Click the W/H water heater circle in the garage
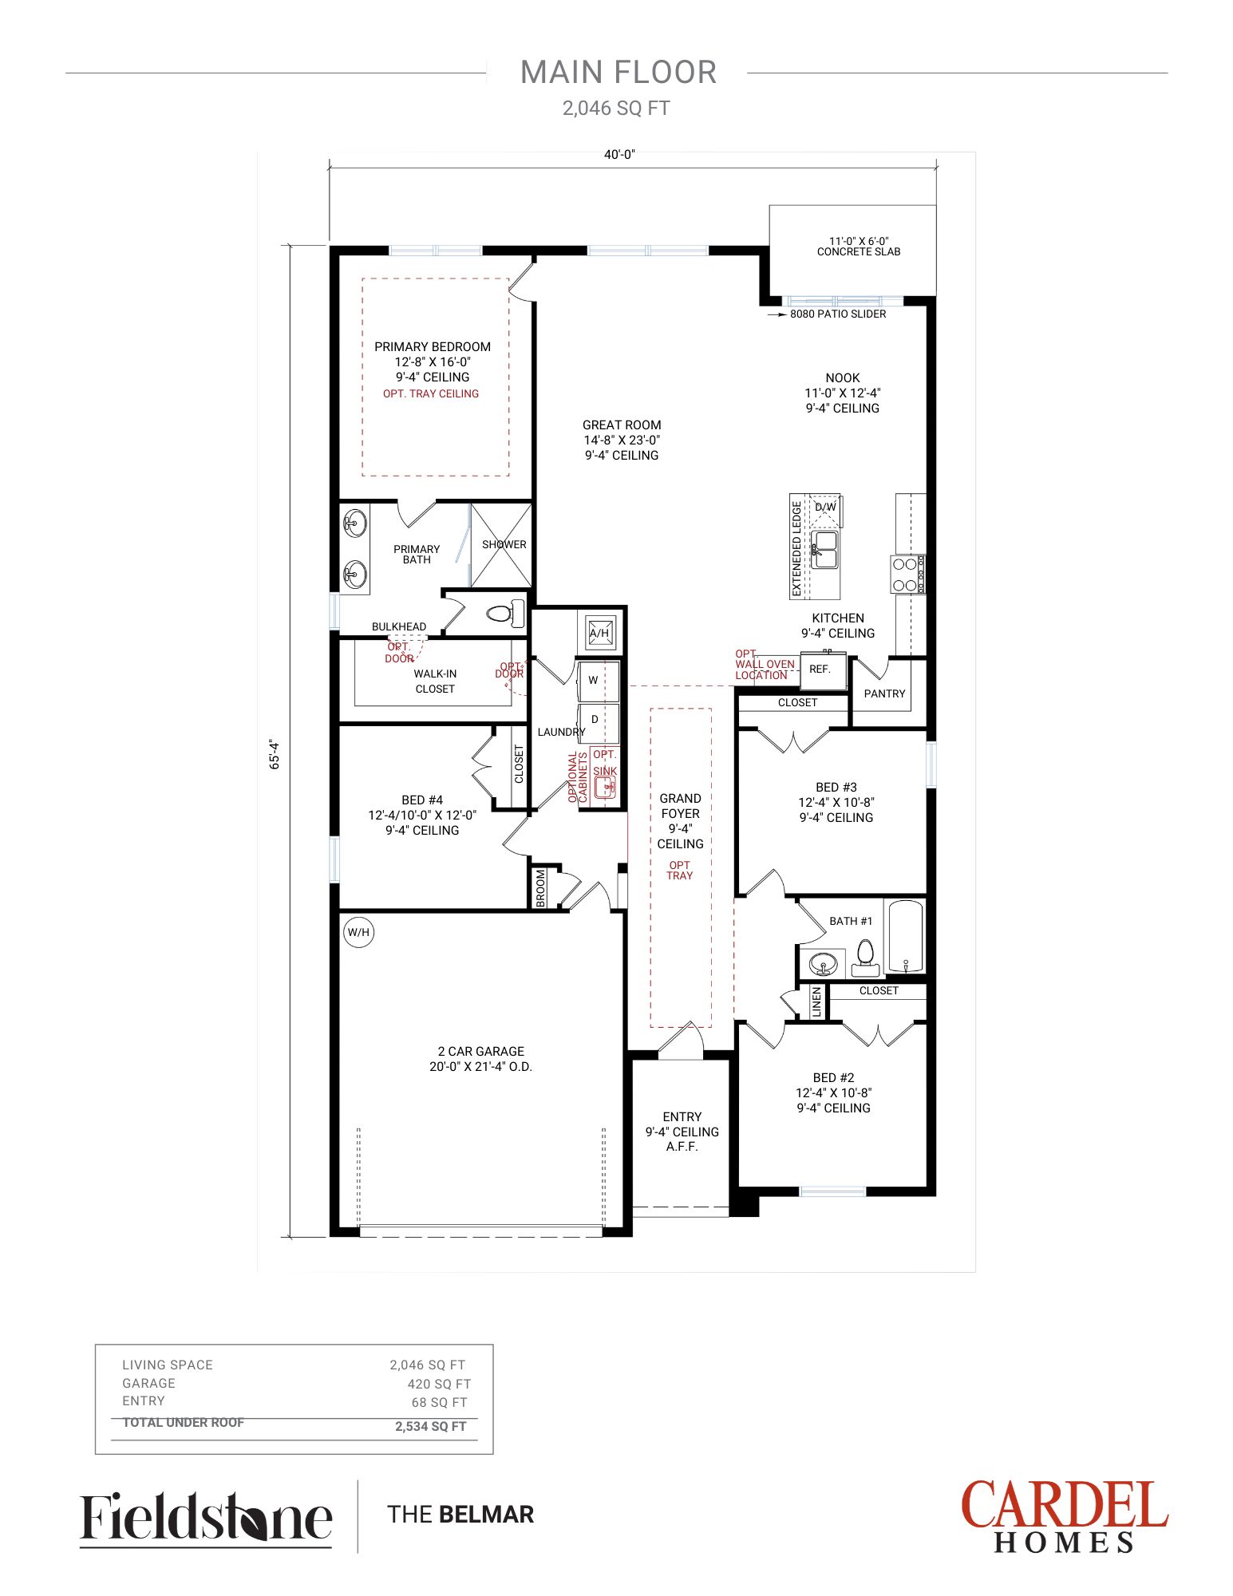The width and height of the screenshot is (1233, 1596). (358, 932)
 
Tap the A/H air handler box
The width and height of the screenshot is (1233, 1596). (599, 633)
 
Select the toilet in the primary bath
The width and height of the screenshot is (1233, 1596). (504, 614)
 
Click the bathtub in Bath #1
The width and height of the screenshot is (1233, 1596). (905, 936)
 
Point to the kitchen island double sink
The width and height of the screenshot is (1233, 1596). (824, 550)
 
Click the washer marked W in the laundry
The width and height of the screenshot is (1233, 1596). (599, 681)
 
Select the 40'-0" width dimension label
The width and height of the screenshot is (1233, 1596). (619, 155)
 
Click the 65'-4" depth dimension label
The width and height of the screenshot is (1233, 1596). (275, 753)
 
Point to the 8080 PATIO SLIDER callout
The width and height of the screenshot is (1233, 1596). (838, 314)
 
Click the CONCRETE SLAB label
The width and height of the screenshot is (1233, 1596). (859, 252)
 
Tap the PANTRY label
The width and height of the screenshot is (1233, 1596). (884, 693)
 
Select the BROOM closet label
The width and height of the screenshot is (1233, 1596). (541, 887)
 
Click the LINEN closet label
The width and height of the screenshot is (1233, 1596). (816, 1002)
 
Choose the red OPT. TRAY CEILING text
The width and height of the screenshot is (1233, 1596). (431, 394)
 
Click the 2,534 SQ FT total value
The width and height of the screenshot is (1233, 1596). (431, 1426)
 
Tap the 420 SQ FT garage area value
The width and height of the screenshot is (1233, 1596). (439, 1384)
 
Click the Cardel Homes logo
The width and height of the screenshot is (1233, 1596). (1065, 1515)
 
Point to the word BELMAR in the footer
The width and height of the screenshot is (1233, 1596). (486, 1514)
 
